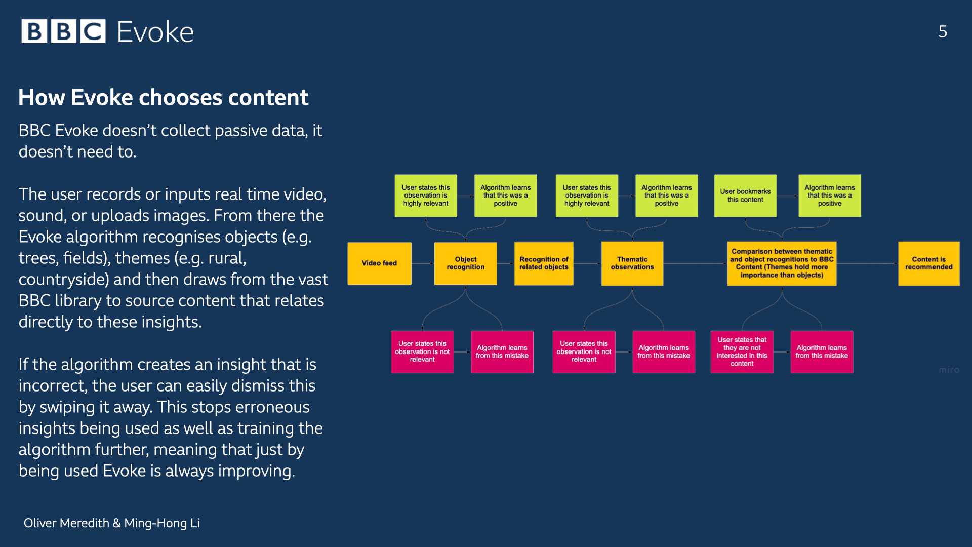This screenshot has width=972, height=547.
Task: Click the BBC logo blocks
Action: coord(63,31)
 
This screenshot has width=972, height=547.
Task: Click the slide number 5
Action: coord(943,31)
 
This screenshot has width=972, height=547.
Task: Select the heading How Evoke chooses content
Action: coord(163,97)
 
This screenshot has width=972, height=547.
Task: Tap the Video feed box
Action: coord(379,263)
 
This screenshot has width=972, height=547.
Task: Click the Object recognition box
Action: coord(466,263)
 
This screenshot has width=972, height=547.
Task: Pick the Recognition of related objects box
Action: coord(544,263)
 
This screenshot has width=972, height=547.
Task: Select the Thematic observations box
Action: coord(632,263)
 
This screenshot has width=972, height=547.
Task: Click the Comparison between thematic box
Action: coord(782,263)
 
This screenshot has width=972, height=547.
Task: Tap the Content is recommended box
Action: coord(929,263)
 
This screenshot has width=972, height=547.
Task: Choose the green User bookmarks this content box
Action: coord(745,196)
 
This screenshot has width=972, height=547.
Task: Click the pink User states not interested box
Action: coord(742,352)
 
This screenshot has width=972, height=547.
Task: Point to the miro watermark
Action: coord(949,370)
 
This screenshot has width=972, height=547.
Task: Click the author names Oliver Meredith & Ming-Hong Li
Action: coord(112,523)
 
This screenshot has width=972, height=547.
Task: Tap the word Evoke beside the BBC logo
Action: coord(155,32)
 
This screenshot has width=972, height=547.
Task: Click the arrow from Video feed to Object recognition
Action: coord(423,263)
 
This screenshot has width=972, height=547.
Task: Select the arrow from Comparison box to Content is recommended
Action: coord(867,263)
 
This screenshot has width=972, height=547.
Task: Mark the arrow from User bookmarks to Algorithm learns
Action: coord(787,196)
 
